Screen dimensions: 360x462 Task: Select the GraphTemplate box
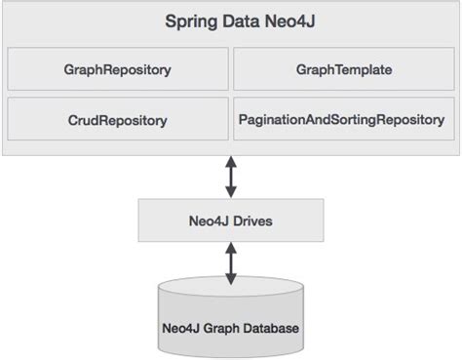[344, 70]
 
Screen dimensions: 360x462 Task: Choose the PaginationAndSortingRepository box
[344, 121]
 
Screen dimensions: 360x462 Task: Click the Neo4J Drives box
[230, 221]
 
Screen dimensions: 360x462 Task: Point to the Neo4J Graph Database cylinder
[230, 317]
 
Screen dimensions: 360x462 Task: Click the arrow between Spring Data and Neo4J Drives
[230, 177]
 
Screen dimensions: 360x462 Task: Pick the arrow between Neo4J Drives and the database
[230, 262]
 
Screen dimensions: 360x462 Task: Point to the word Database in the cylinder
[270, 328]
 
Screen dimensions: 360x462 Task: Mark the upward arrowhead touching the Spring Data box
[230, 163]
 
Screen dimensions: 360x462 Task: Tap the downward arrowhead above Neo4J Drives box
[230, 192]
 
